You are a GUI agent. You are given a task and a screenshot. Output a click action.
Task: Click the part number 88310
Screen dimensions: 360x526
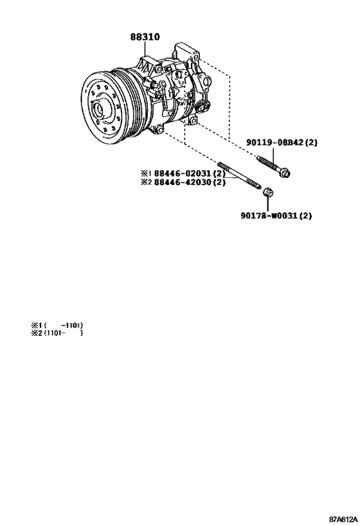click(145, 37)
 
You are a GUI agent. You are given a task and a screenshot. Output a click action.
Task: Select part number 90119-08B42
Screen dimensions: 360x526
click(276, 143)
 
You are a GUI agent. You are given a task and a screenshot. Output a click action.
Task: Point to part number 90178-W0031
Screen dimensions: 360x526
click(269, 215)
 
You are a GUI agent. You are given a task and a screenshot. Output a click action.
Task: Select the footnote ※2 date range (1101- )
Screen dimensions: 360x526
click(63, 333)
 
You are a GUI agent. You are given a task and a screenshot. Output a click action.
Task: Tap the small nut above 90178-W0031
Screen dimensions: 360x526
click(267, 192)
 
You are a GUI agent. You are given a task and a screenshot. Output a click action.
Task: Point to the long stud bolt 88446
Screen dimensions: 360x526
click(239, 176)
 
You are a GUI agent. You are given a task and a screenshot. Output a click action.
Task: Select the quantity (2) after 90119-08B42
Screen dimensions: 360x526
click(311, 143)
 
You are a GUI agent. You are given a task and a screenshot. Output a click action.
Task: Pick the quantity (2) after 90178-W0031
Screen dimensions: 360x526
click(305, 215)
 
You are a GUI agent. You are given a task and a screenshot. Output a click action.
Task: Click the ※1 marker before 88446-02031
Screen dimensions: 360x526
click(147, 174)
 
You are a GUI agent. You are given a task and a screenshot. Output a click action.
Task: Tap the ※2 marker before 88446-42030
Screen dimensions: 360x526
click(147, 182)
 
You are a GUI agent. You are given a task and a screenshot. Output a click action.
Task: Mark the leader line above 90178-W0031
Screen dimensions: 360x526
click(267, 204)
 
